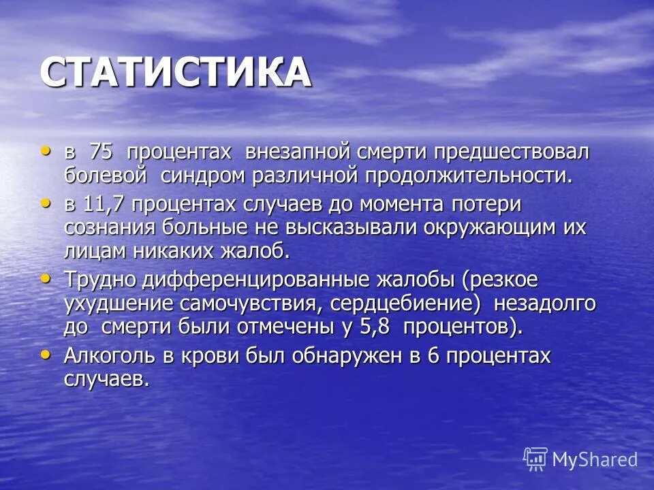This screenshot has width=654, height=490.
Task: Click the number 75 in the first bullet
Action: point(103,152)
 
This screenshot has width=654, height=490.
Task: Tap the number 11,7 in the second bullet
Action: point(106,203)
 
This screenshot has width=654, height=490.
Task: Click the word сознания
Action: point(106,227)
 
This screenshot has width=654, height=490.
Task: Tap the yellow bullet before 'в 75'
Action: point(46,150)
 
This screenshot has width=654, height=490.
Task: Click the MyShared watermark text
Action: point(595,459)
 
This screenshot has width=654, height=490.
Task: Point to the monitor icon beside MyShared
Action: point(535,459)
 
